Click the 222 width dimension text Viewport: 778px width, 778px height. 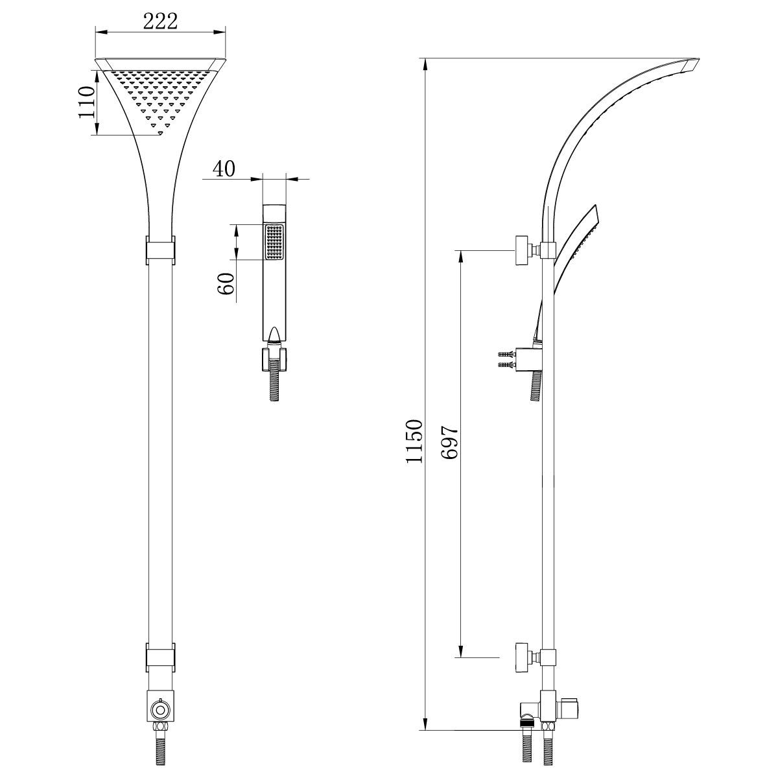point(160,21)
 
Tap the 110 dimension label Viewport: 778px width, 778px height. point(86,102)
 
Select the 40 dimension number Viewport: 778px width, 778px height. point(224,169)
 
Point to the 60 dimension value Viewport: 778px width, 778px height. point(226,283)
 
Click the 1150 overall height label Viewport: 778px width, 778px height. point(414,441)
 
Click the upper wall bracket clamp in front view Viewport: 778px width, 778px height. point(160,250)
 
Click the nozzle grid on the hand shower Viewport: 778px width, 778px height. point(274,242)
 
